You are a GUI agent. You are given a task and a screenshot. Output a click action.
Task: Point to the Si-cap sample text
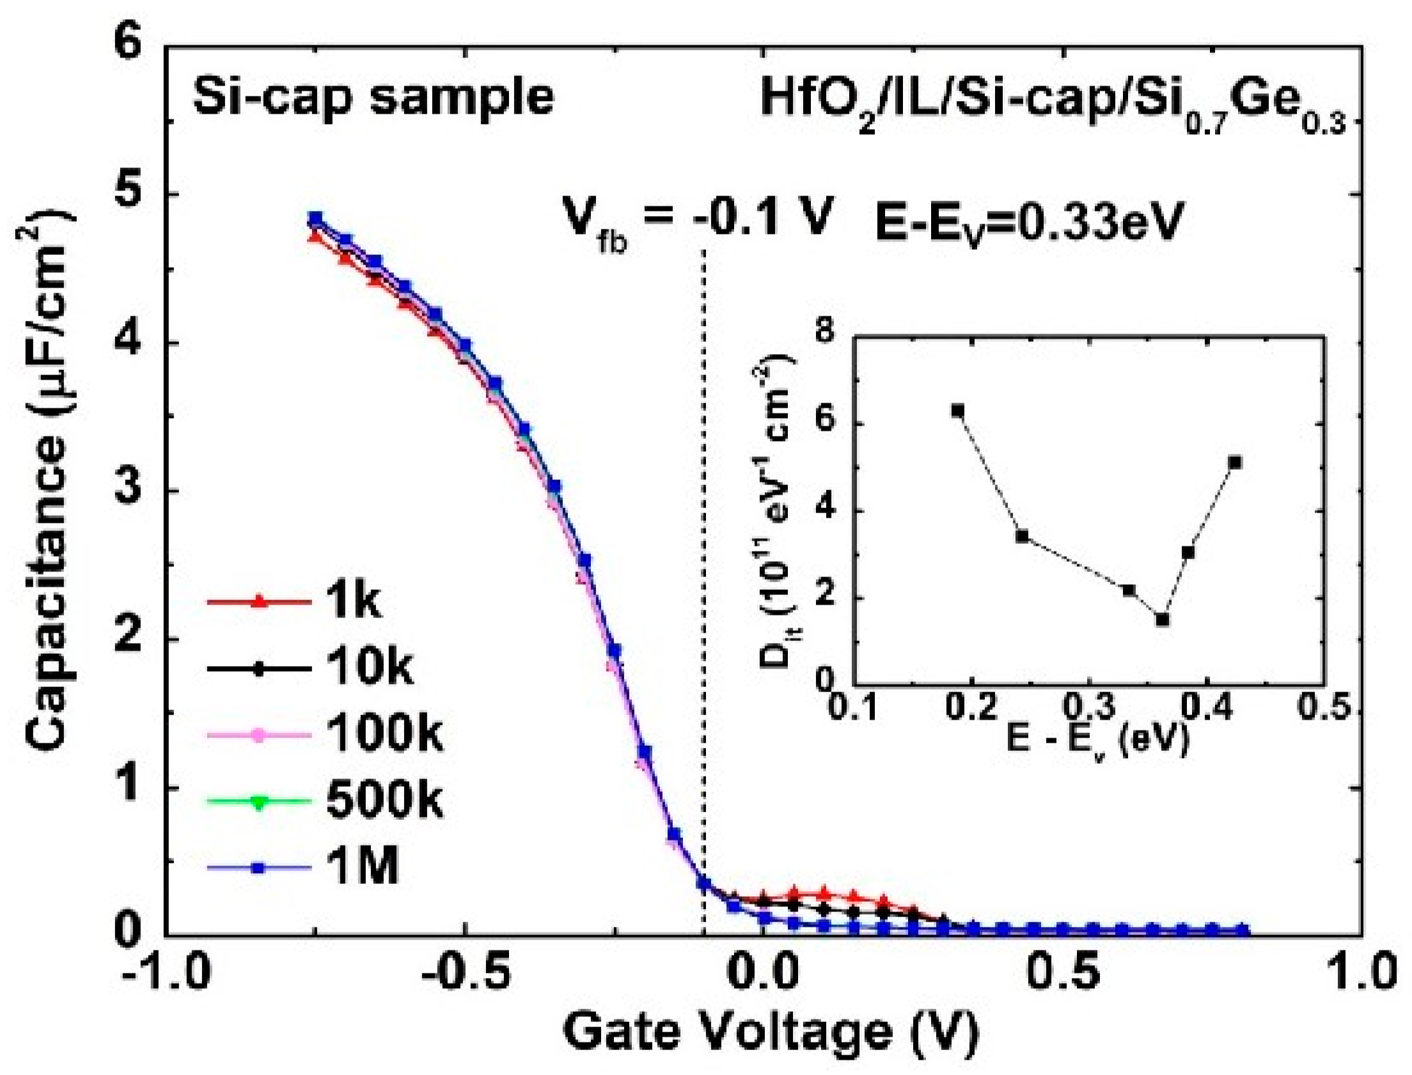(373, 97)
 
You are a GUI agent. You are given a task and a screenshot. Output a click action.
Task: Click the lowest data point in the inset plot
(1163, 619)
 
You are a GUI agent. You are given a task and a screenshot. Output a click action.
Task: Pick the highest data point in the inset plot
(957, 410)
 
